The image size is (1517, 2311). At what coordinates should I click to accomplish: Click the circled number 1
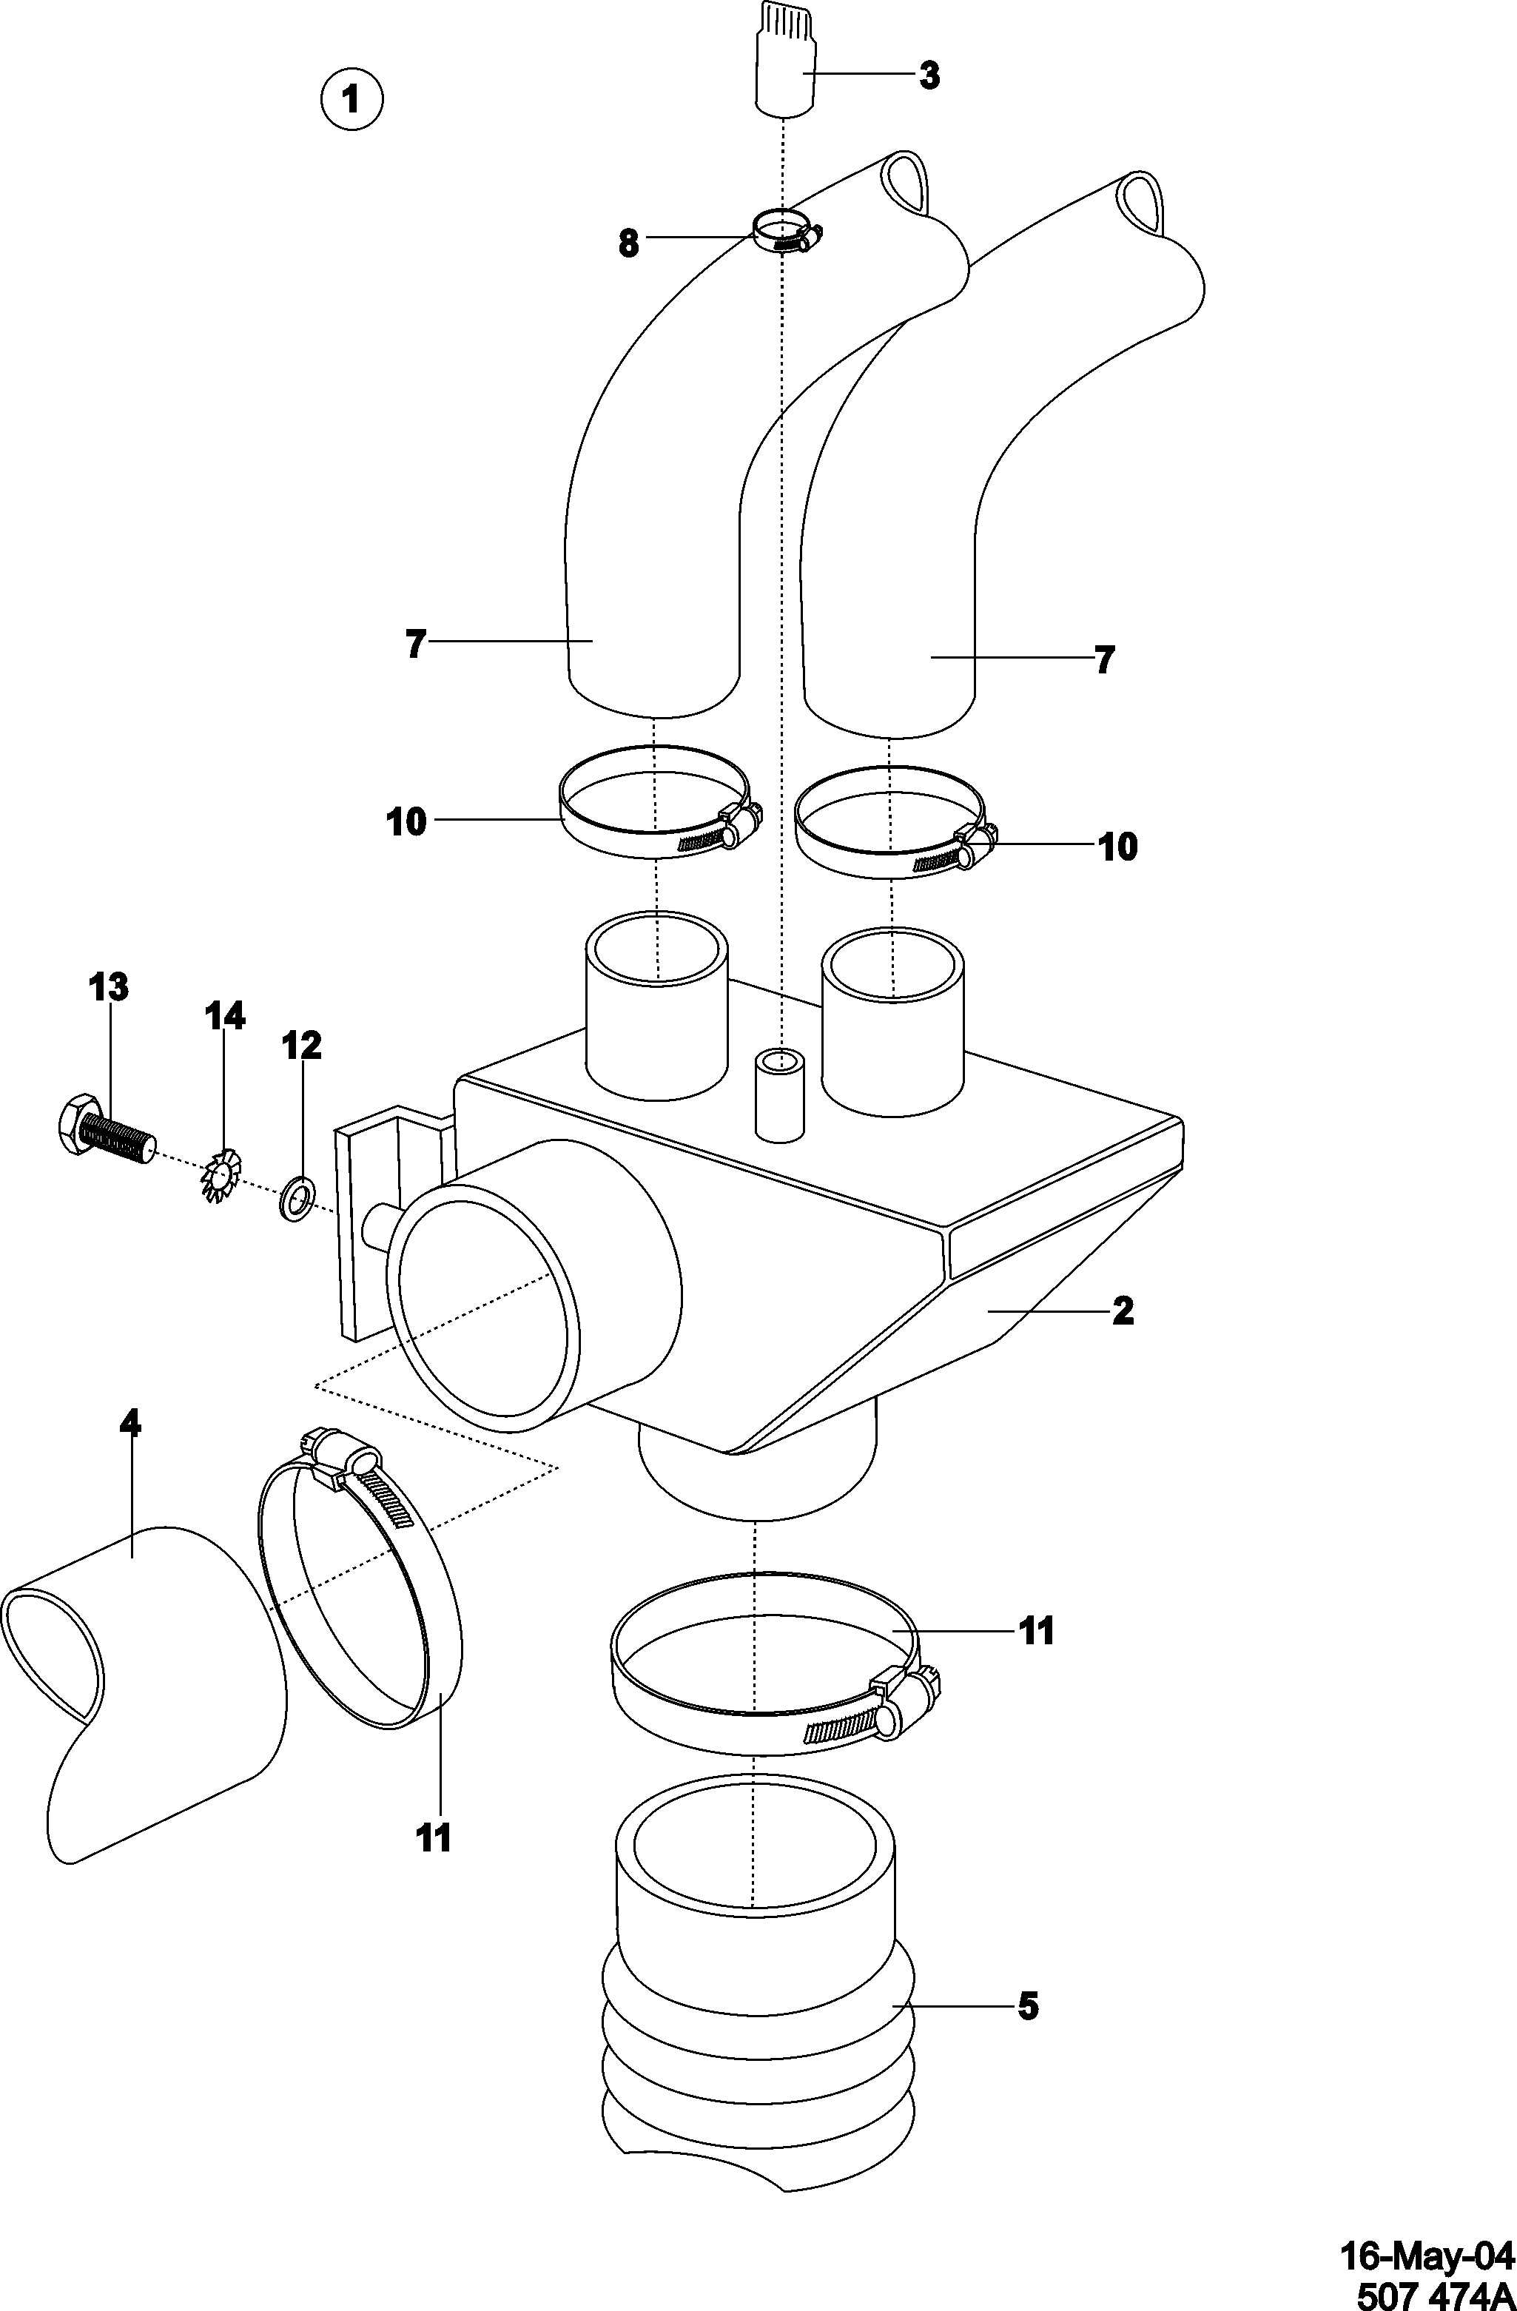pyautogui.click(x=351, y=98)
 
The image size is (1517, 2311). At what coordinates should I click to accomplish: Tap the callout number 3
pyautogui.click(x=929, y=75)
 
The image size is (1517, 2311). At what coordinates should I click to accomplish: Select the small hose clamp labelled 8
pyautogui.click(x=784, y=233)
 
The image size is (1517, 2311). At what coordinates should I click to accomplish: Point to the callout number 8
pyautogui.click(x=629, y=243)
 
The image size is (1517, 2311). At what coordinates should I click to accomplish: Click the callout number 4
pyautogui.click(x=129, y=1424)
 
